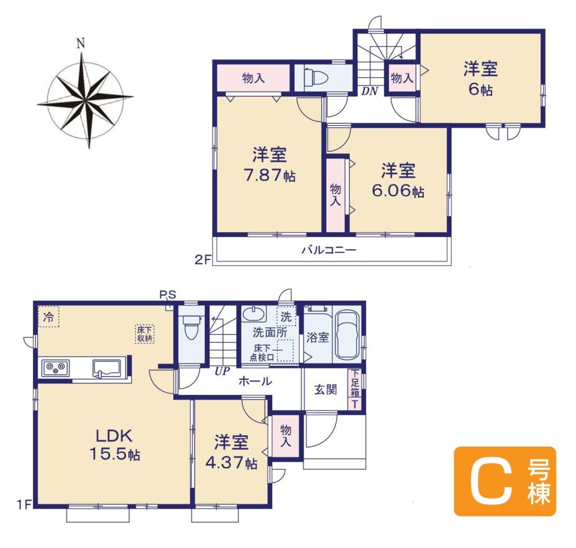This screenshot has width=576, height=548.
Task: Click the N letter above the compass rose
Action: click(81, 44)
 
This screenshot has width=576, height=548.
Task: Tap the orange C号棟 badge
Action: click(505, 482)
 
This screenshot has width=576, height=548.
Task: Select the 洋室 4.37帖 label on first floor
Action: click(231, 452)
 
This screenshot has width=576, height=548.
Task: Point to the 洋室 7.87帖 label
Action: click(269, 165)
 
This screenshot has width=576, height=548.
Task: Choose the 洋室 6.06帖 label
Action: click(398, 181)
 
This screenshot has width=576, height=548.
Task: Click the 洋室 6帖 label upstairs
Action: click(480, 79)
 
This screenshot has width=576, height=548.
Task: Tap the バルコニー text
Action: click(328, 250)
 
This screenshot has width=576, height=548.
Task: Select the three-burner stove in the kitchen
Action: click(56, 367)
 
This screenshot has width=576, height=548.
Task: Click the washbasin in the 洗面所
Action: click(254, 315)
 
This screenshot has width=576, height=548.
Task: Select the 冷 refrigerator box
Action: click(48, 317)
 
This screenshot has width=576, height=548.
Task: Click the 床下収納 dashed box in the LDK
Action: click(145, 334)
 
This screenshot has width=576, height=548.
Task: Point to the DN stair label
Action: click(370, 92)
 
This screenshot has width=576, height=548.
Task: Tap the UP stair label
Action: click(222, 371)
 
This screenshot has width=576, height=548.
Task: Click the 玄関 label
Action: click(326, 389)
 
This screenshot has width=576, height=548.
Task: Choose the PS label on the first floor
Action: click(168, 295)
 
